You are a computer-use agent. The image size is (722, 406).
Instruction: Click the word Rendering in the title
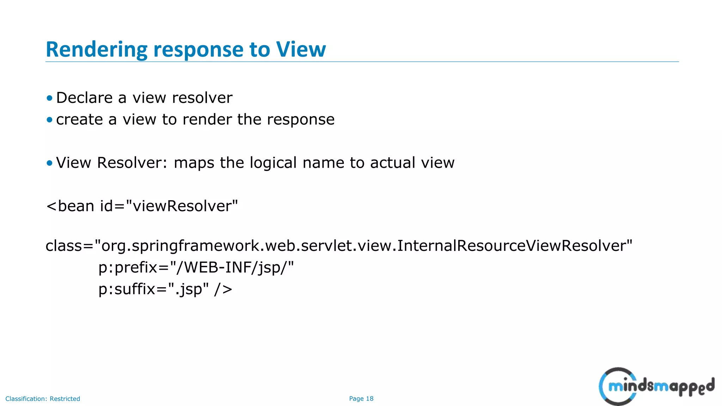pos(96,49)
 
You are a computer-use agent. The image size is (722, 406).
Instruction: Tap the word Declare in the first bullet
pos(84,98)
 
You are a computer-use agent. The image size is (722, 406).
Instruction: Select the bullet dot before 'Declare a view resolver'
pos(49,98)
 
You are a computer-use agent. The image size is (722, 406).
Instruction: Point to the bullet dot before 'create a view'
pos(49,120)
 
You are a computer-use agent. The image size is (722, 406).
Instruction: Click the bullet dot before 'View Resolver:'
pos(49,163)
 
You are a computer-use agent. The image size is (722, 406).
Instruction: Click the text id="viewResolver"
pos(169,206)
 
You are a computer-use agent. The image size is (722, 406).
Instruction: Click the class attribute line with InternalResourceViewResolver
pos(339,246)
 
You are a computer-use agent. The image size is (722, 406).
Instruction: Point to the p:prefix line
pos(196,267)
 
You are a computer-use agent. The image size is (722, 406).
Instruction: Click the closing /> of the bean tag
pos(223,289)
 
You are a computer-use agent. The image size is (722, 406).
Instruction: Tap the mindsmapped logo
pos(656,386)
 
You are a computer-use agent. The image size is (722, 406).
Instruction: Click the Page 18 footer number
pos(361,399)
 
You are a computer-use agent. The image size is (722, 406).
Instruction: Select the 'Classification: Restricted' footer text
pos(43,399)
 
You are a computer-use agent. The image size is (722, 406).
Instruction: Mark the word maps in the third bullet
pos(194,163)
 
